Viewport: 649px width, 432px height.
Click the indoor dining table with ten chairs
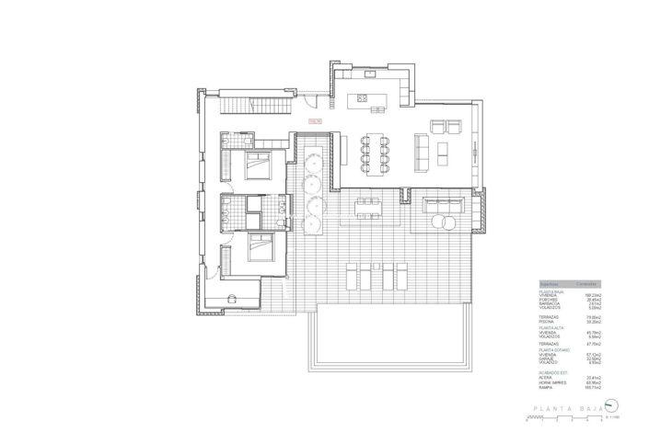coord(375,149)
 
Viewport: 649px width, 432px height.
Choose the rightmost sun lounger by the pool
coord(401,274)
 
